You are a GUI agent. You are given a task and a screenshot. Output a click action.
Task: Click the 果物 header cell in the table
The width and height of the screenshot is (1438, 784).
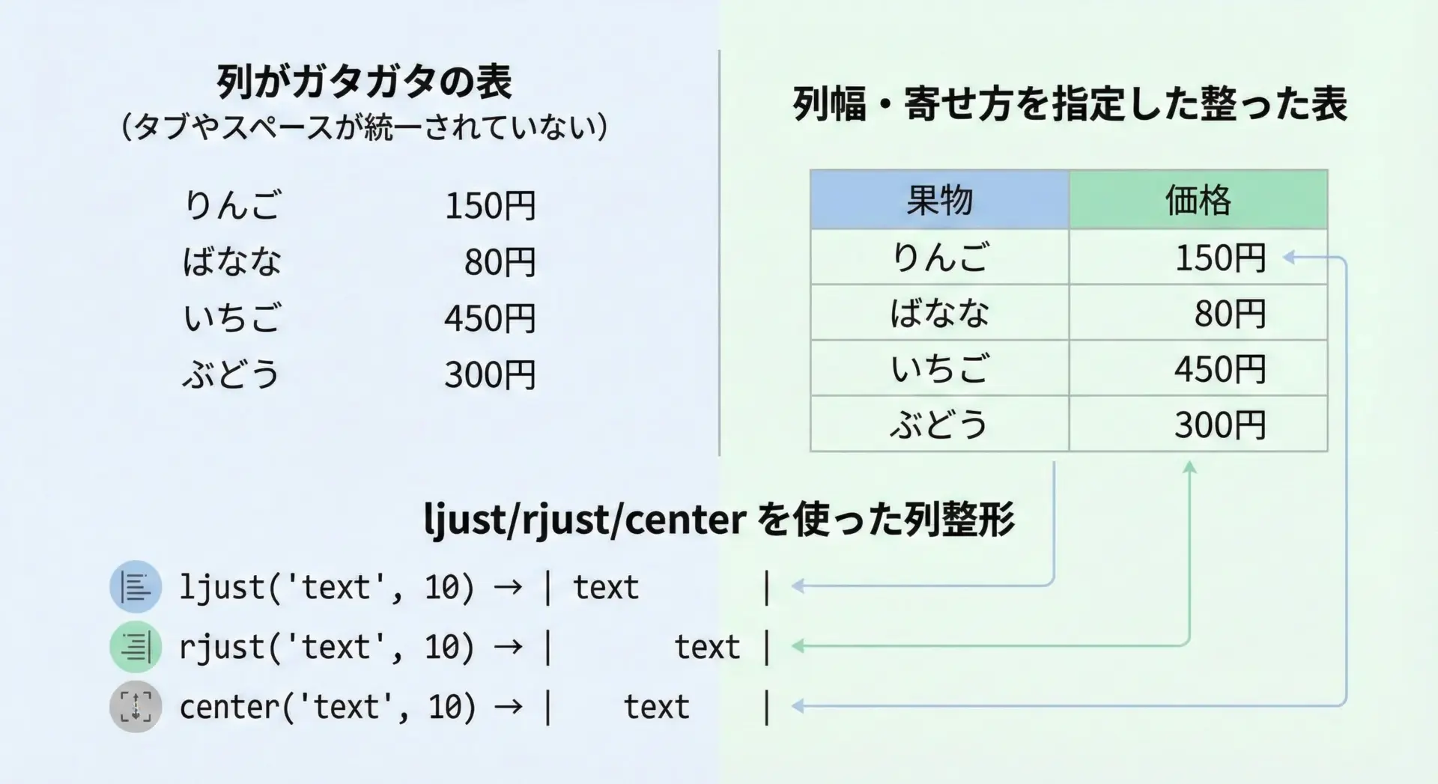(939, 200)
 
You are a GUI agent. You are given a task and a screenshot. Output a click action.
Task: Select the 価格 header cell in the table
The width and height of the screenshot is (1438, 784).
(1198, 200)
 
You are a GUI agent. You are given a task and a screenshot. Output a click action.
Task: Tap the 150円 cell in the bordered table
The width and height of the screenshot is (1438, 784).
(1198, 257)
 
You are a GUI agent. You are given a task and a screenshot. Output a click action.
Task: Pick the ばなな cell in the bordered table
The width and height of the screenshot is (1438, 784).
(939, 312)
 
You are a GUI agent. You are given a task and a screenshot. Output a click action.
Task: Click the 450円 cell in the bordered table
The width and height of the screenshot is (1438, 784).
(1198, 368)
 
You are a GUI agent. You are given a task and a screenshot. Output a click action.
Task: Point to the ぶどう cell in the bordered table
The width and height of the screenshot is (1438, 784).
(939, 424)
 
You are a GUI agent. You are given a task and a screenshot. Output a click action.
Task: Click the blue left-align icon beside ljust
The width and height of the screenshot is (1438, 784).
(136, 586)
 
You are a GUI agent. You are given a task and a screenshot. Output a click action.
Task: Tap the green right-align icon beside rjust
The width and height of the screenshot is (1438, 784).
(136, 646)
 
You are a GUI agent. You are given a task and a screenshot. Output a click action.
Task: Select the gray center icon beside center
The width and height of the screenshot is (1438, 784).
(136, 706)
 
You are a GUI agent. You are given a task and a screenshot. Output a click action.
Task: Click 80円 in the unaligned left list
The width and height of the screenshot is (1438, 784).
(500, 262)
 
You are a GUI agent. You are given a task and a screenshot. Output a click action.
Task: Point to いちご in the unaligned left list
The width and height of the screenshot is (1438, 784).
(232, 317)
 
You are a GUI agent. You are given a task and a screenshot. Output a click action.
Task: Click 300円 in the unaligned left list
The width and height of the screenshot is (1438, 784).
(490, 374)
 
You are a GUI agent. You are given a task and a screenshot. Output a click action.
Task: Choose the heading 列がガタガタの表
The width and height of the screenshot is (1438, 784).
(364, 82)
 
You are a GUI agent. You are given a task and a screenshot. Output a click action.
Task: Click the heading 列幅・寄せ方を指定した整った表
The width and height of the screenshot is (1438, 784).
(1070, 103)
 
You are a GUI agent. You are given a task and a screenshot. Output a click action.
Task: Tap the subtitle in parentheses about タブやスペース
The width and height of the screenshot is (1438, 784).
(364, 127)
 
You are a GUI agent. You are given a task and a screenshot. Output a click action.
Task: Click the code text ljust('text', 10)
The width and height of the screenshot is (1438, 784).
(327, 587)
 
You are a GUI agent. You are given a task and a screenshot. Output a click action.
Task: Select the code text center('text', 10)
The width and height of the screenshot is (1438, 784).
(327, 707)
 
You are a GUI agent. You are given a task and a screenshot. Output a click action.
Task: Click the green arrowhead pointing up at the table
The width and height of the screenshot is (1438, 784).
(1189, 467)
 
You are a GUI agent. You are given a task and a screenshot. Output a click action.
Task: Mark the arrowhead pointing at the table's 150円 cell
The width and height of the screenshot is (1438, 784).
(1289, 258)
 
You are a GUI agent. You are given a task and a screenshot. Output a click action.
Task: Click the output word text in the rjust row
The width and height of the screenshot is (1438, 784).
(707, 647)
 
